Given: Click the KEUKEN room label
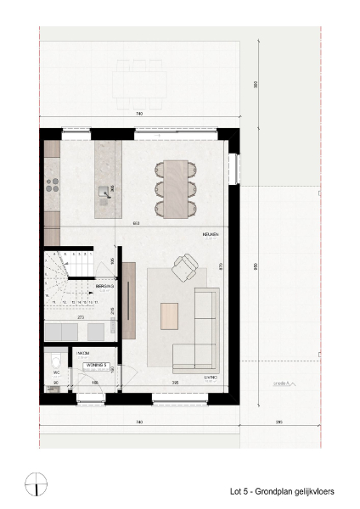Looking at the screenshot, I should point(211,234).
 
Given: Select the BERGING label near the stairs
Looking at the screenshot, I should point(105,287).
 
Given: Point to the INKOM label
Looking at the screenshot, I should point(84,351).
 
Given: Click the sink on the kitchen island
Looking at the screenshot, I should point(104,192).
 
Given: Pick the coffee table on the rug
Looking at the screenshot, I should point(171,315).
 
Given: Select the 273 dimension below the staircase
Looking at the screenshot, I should point(80,316).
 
